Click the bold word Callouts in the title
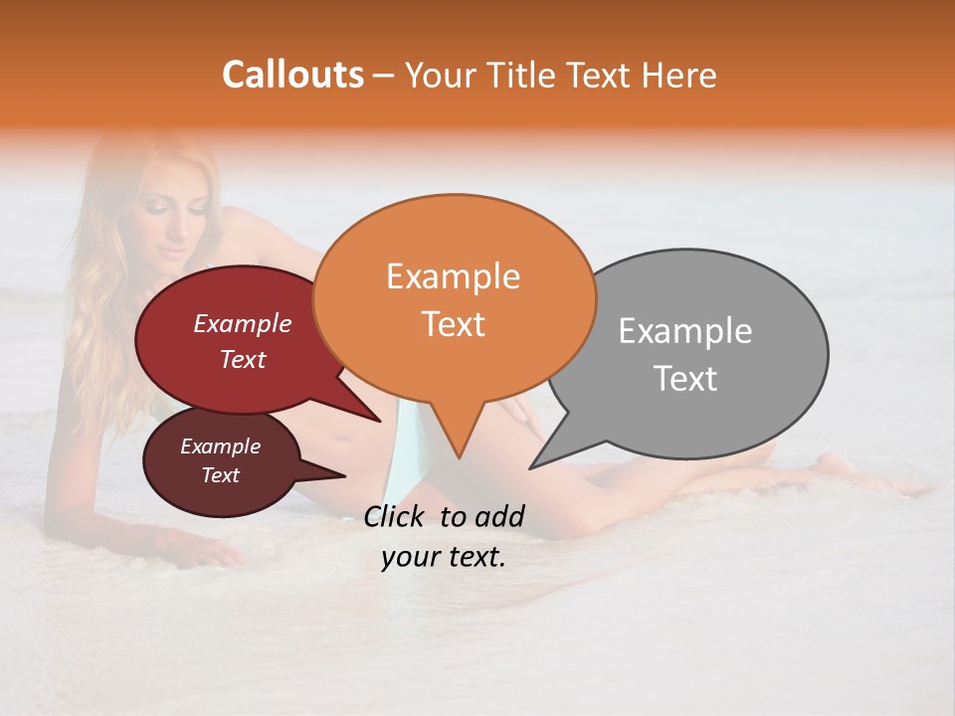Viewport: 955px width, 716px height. (x=292, y=75)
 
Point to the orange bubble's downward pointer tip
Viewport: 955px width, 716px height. (x=459, y=457)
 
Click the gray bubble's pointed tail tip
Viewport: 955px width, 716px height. (x=531, y=467)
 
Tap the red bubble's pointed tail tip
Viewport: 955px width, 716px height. (x=380, y=422)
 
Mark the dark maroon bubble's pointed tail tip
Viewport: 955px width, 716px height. (x=345, y=475)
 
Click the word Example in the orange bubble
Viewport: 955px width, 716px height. (x=454, y=276)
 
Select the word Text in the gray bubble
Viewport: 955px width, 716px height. (x=686, y=379)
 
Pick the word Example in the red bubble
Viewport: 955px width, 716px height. (x=243, y=324)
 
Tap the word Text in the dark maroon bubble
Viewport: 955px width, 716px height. (x=221, y=475)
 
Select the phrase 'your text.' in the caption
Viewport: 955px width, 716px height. (x=444, y=557)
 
